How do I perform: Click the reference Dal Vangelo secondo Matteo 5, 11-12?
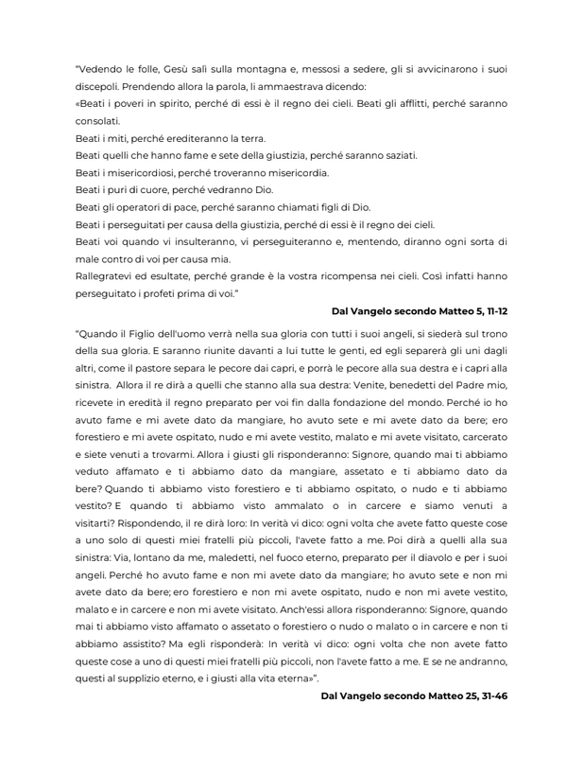[420, 310]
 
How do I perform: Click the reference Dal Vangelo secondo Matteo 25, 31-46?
[415, 695]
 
